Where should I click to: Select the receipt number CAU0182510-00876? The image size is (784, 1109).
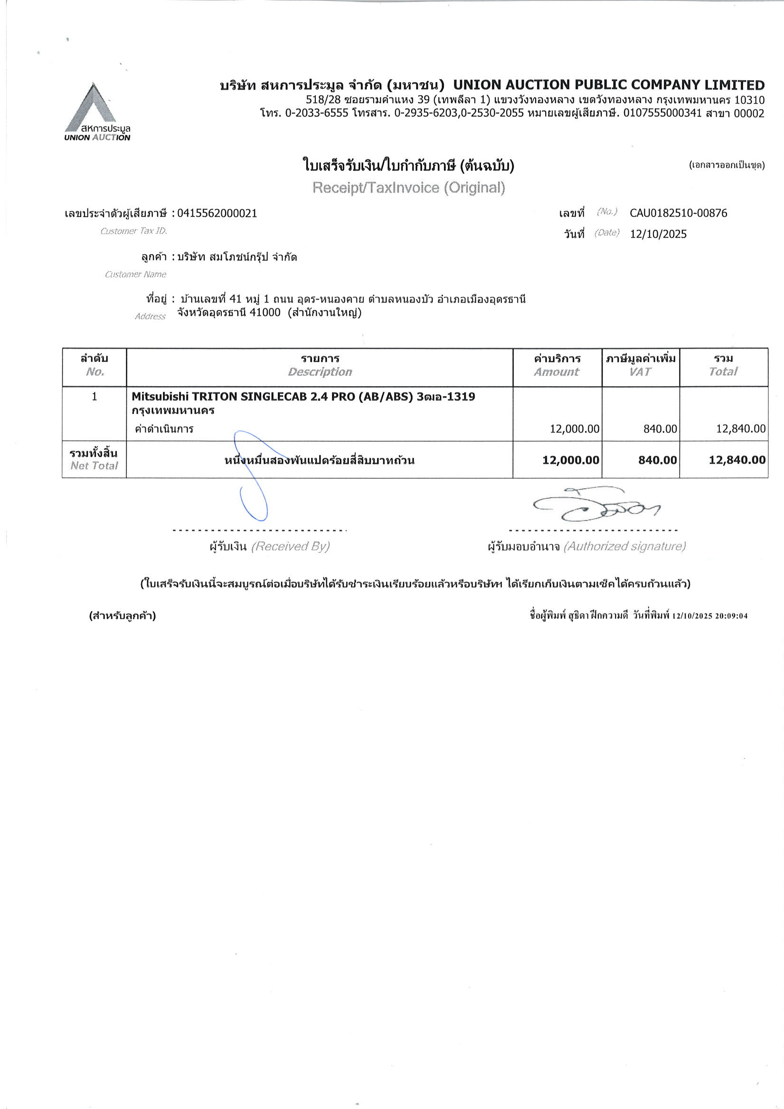pyautogui.click(x=678, y=213)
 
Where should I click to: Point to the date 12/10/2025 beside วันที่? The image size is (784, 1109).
pyautogui.click(x=658, y=234)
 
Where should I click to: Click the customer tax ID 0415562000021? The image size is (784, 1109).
pyautogui.click(x=217, y=213)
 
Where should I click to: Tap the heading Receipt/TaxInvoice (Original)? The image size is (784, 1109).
pyautogui.click(x=408, y=188)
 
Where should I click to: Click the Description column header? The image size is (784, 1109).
pyautogui.click(x=320, y=371)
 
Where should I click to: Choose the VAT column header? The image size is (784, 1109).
pyautogui.click(x=640, y=371)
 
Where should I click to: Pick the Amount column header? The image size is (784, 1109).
pyautogui.click(x=557, y=371)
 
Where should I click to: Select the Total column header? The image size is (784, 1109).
pyautogui.click(x=723, y=371)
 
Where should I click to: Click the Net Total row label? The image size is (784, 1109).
pyautogui.click(x=94, y=465)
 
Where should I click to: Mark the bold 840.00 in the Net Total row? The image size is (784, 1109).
pyautogui.click(x=657, y=460)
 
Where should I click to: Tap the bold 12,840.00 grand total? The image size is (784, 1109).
pyautogui.click(x=737, y=460)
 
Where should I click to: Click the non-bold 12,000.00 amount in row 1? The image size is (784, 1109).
pyautogui.click(x=575, y=429)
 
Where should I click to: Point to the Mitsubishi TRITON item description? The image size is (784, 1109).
pyautogui.click(x=303, y=397)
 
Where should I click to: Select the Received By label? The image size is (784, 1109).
pyautogui.click(x=290, y=546)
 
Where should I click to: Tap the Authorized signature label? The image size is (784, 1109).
pyautogui.click(x=624, y=546)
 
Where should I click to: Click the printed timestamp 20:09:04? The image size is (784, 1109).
pyautogui.click(x=732, y=616)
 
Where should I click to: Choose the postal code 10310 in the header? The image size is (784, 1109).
pyautogui.click(x=749, y=100)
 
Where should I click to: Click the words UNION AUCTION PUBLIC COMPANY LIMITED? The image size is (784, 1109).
pyautogui.click(x=609, y=85)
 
